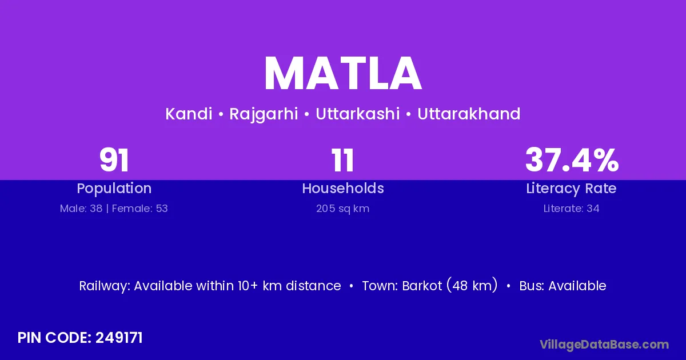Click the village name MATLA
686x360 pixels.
pos(343,74)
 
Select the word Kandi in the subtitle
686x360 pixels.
pos(189,114)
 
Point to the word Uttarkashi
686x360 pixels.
pos(358,114)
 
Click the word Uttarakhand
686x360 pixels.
pos(469,114)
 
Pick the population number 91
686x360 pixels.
pos(114,160)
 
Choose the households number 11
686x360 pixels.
pos(342,160)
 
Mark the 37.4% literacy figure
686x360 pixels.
pos(572,160)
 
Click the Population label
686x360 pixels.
pos(114,189)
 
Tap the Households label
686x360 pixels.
pos(343,188)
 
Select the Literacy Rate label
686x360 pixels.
pos(571,189)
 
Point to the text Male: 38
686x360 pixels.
pos(81,209)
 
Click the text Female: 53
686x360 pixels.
pos(140,209)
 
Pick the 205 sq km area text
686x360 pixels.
pos(342,209)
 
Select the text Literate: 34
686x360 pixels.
pos(571,209)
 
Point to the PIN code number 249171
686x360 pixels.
pos(119,338)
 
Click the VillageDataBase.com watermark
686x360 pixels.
pos(604,345)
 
